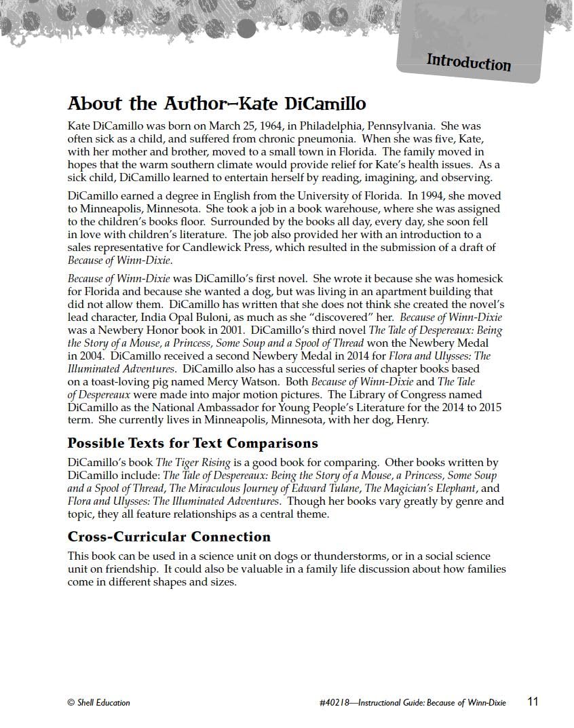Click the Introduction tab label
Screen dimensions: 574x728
pyautogui.click(x=468, y=62)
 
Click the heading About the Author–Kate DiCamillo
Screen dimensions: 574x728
pyautogui.click(x=216, y=104)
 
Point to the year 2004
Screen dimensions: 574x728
pyautogui.click(x=94, y=356)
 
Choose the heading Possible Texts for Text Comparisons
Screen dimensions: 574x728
pyautogui.click(x=193, y=443)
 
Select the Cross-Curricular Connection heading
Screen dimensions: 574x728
pyautogui.click(x=169, y=537)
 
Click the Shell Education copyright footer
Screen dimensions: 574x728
pyautogui.click(x=99, y=703)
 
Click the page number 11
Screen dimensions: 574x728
pyautogui.click(x=533, y=702)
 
